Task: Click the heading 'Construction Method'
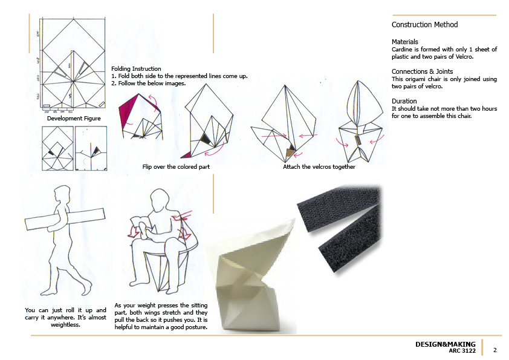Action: [424, 25]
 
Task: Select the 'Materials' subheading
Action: [404, 42]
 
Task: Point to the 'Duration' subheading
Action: [404, 101]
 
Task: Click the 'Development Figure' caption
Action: [74, 119]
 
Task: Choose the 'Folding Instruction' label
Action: [137, 69]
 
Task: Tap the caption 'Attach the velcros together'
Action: [319, 166]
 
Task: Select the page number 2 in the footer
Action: [495, 350]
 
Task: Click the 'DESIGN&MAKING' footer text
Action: [445, 344]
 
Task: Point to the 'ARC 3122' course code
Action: [462, 351]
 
